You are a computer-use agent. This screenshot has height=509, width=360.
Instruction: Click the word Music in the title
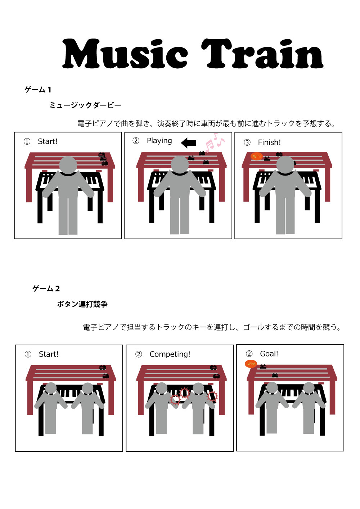(x=125, y=54)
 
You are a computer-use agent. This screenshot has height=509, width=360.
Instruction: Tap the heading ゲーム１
(x=38, y=90)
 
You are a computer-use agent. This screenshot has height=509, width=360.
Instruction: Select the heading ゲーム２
(x=46, y=288)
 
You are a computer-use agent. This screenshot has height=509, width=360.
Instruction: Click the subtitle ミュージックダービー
(x=85, y=105)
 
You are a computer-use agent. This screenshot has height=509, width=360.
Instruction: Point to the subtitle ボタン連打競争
(x=82, y=304)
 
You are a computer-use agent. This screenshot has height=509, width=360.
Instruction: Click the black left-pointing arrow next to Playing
(x=189, y=143)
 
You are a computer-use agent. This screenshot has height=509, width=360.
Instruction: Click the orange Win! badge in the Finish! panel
(x=257, y=156)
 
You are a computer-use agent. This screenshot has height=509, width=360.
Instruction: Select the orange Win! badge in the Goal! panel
(x=251, y=364)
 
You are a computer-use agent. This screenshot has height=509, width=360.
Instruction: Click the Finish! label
(x=269, y=142)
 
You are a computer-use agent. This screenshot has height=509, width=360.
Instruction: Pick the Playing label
(x=159, y=141)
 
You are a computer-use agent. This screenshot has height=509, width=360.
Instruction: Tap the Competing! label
(x=170, y=354)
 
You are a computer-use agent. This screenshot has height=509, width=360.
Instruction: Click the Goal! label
(x=269, y=354)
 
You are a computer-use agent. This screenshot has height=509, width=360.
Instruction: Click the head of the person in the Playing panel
(x=180, y=165)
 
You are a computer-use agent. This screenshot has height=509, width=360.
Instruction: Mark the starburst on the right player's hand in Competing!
(x=212, y=396)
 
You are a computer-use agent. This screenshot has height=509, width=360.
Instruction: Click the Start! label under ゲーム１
(x=48, y=141)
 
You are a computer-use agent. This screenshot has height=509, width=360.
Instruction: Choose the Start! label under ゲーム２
(x=49, y=354)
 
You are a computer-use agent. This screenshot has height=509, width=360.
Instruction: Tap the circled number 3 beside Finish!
(x=247, y=143)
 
